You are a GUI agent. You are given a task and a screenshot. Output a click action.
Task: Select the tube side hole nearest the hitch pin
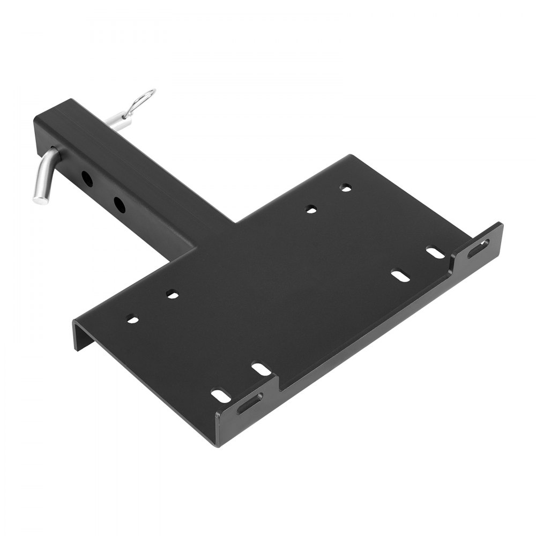tap(86, 178)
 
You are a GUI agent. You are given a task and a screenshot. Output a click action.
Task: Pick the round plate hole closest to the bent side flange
tap(133, 320)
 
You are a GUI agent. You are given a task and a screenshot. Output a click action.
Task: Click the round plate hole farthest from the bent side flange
tap(347, 188)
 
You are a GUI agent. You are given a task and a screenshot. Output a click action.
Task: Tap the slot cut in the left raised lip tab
tap(250, 403)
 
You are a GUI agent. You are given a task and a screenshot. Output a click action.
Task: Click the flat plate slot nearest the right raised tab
tap(435, 251)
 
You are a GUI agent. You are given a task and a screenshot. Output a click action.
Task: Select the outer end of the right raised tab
tap(500, 230)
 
